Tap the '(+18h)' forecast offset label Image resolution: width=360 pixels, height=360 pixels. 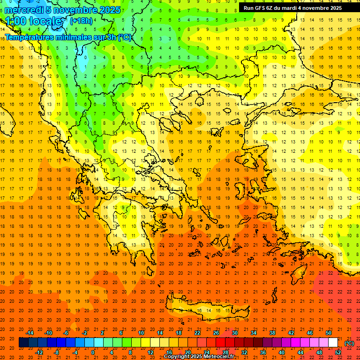(81, 21)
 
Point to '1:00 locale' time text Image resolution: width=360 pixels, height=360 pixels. (33, 21)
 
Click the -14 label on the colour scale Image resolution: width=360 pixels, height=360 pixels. (30, 332)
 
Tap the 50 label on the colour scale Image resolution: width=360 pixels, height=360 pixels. (329, 332)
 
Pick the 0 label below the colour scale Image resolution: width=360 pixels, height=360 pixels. (92, 352)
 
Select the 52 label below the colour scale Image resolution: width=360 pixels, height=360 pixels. (338, 352)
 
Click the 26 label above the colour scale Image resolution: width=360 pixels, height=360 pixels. (216, 332)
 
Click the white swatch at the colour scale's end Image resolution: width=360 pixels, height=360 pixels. (333, 343)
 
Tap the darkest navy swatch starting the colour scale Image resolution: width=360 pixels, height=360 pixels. (23, 343)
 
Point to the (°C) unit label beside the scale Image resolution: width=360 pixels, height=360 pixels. (349, 343)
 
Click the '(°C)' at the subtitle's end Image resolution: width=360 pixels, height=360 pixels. (125, 37)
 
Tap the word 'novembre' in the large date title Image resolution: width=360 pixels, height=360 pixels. (75, 10)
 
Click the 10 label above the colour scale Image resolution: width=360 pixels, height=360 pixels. (141, 332)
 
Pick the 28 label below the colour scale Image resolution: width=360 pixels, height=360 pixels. (225, 352)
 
